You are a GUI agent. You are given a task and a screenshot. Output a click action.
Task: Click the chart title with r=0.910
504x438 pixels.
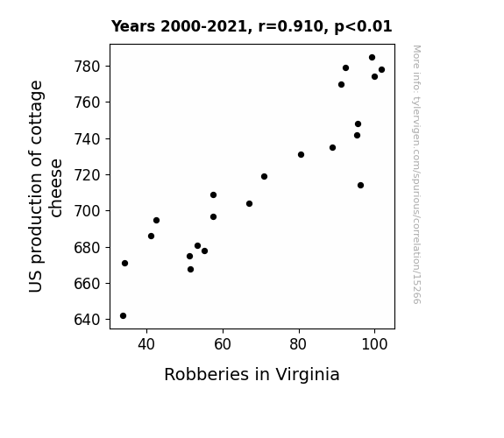click(252, 26)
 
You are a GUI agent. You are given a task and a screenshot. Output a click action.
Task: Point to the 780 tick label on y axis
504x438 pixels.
click(88, 67)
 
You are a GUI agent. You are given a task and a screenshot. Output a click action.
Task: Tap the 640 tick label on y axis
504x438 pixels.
click(88, 320)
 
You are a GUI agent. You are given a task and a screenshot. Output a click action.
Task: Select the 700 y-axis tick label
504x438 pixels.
click(88, 211)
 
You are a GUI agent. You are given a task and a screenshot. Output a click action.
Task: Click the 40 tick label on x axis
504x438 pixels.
click(146, 344)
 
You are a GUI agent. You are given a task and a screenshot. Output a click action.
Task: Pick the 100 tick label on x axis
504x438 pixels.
click(374, 344)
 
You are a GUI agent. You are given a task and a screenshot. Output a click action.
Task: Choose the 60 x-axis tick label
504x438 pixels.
click(223, 344)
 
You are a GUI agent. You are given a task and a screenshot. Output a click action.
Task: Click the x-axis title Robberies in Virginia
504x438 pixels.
click(252, 375)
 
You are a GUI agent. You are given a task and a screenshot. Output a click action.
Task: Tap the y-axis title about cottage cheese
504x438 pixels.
click(46, 187)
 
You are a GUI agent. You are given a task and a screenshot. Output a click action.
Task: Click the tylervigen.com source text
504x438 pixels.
click(416, 174)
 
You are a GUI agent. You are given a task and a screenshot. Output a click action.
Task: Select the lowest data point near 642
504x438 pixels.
click(123, 316)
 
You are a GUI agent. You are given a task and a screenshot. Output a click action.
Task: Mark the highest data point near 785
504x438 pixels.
click(373, 58)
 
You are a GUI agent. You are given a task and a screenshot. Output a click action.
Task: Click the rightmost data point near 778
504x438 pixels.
click(382, 70)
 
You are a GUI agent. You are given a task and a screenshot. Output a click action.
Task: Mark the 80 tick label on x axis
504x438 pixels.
click(298, 344)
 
